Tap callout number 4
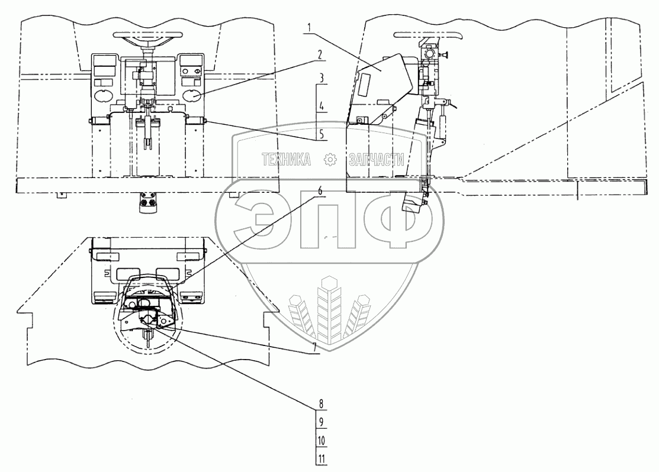coord(320,107)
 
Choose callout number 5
coord(320,134)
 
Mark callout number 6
coord(320,190)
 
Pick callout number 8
coord(320,405)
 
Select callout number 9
coord(320,422)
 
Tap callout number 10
coord(320,441)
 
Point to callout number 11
coord(320,459)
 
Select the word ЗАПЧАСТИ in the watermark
coord(377,159)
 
